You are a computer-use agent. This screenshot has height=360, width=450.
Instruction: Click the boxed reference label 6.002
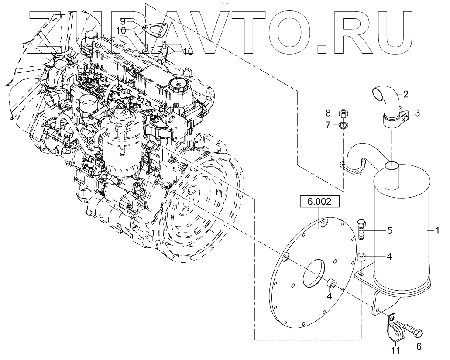pyautogui.click(x=319, y=202)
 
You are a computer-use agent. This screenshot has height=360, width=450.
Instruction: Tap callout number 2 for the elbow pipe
pyautogui.click(x=405, y=94)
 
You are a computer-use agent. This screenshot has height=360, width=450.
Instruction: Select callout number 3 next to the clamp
pyautogui.click(x=417, y=113)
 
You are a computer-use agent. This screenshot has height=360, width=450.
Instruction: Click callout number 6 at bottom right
pyautogui.click(x=419, y=346)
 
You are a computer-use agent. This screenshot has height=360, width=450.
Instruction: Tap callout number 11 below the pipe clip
pyautogui.click(x=395, y=350)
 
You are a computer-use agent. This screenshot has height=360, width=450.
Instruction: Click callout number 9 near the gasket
pyautogui.click(x=123, y=21)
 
